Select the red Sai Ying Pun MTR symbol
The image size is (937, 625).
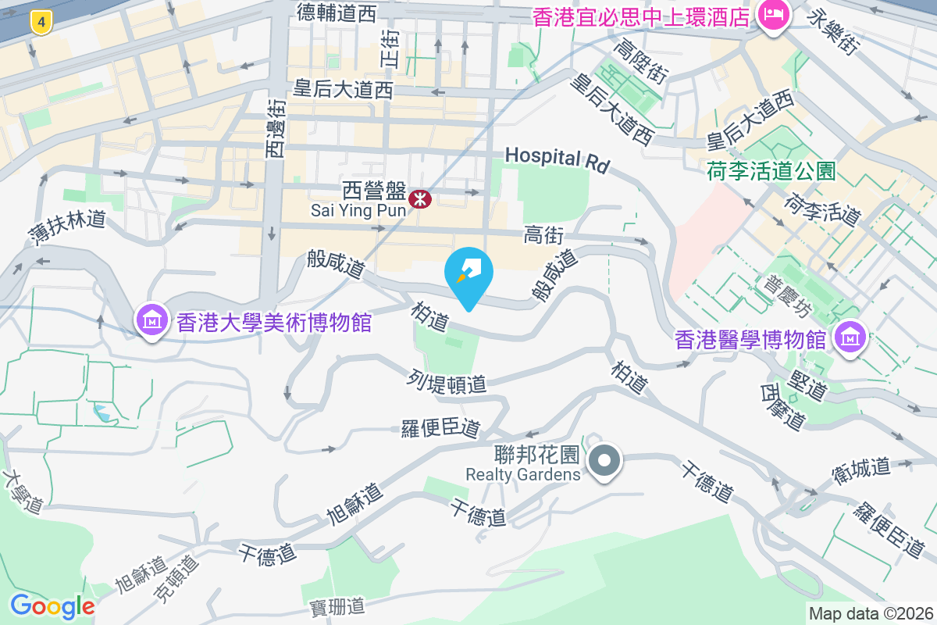point(420,199)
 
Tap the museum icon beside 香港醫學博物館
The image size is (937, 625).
point(849,338)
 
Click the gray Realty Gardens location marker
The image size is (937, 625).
point(604,460)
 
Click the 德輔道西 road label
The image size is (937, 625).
point(337,12)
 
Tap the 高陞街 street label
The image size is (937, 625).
point(640,62)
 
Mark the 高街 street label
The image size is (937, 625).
point(543,234)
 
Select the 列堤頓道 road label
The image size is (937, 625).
point(447,382)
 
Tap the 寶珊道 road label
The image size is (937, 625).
point(337,605)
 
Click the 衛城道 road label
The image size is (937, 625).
point(861,468)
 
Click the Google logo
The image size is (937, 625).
point(52,606)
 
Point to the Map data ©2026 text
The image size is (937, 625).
point(871,613)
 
